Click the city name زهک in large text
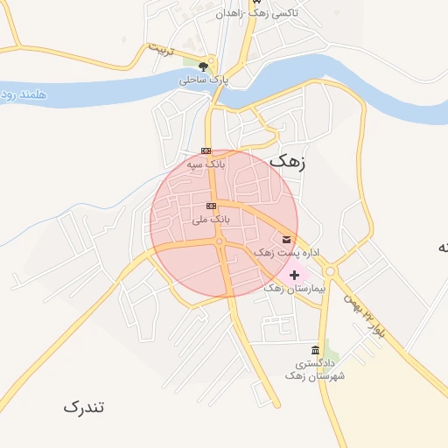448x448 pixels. tap(290, 160)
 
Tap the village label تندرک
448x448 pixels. tap(84, 407)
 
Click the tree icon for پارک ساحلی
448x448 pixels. tap(204, 66)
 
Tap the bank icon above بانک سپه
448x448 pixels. tap(206, 150)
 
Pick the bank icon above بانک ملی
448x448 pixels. tap(210, 206)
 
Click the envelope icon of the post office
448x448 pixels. tap(286, 239)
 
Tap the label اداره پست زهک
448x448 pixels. tap(286, 252)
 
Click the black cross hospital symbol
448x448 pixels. tap(294, 274)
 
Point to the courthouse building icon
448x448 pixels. tap(315, 350)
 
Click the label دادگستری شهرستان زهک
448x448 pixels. tap(315, 368)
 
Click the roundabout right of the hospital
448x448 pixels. tap(330, 271)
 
